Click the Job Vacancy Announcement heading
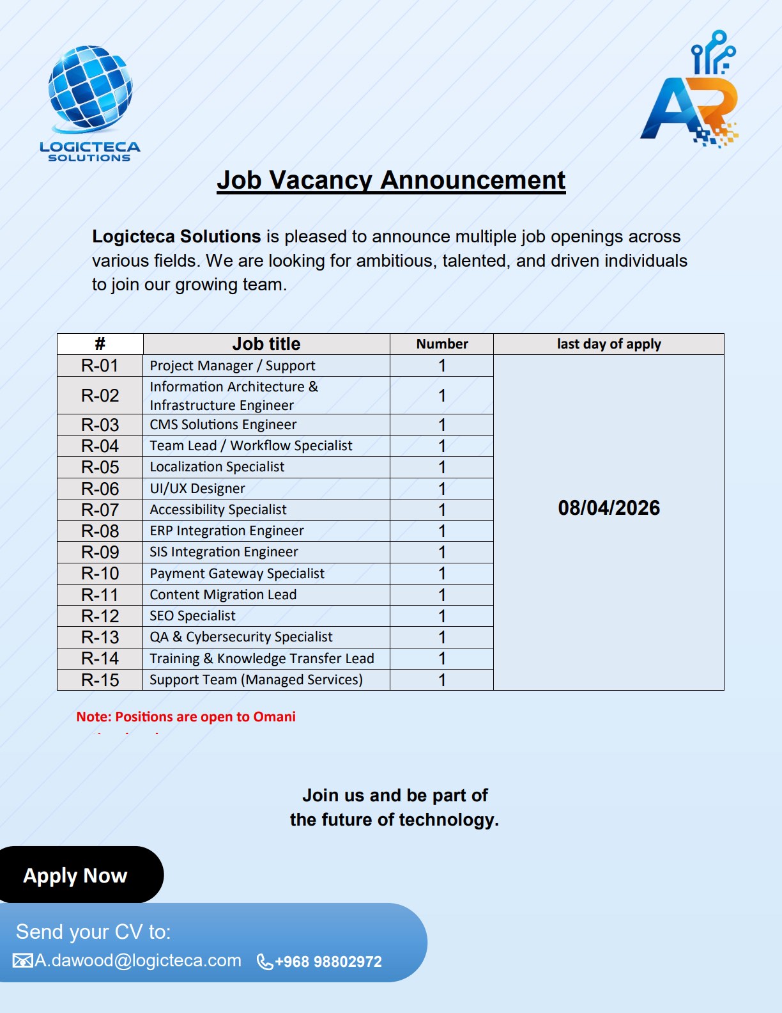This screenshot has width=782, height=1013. click(391, 180)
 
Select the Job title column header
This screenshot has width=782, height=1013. click(266, 344)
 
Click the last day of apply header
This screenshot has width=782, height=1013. click(609, 344)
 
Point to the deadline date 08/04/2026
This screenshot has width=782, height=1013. click(609, 508)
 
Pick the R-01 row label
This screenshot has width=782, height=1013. click(100, 366)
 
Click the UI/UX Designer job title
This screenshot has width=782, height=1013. click(197, 489)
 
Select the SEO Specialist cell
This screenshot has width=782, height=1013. click(192, 616)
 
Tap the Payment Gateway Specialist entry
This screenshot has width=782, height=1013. click(237, 574)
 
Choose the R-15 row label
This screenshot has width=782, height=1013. click(100, 680)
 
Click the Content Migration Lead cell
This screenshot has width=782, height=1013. click(223, 595)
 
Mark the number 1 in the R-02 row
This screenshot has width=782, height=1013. click(441, 396)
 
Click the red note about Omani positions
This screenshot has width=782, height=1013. click(186, 717)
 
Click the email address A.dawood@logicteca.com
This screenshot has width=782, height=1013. click(138, 961)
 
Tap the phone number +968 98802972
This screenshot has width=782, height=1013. click(328, 962)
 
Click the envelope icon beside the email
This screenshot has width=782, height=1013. click(23, 961)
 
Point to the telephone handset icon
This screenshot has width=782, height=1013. click(264, 962)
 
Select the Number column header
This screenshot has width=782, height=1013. click(442, 344)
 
